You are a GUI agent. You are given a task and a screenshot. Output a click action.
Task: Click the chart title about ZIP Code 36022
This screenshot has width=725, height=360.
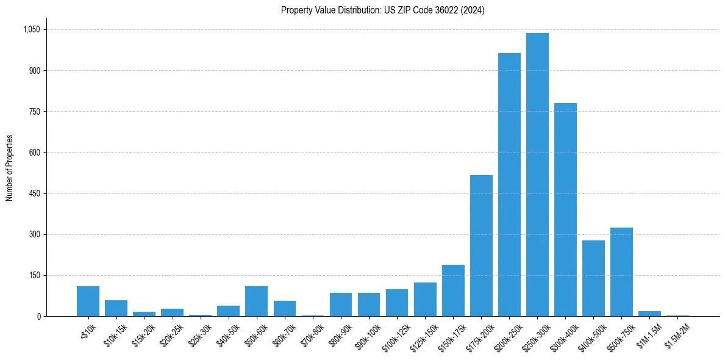coord(382,10)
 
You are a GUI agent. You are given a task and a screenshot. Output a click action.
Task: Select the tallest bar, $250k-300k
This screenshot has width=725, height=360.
coord(537,175)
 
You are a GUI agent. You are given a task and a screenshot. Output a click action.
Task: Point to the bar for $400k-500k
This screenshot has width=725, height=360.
coord(593,278)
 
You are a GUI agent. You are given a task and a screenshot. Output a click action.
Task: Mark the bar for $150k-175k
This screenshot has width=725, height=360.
coord(453,290)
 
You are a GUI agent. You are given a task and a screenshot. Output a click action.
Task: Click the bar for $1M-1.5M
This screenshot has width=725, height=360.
coord(649,314)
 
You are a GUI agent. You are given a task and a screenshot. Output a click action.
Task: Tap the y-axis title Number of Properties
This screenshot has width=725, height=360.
coord(10,168)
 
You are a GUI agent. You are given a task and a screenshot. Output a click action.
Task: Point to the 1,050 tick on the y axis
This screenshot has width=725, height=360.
coord(31,29)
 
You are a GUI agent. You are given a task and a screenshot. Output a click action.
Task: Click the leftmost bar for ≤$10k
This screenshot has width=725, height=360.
coord(88,301)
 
